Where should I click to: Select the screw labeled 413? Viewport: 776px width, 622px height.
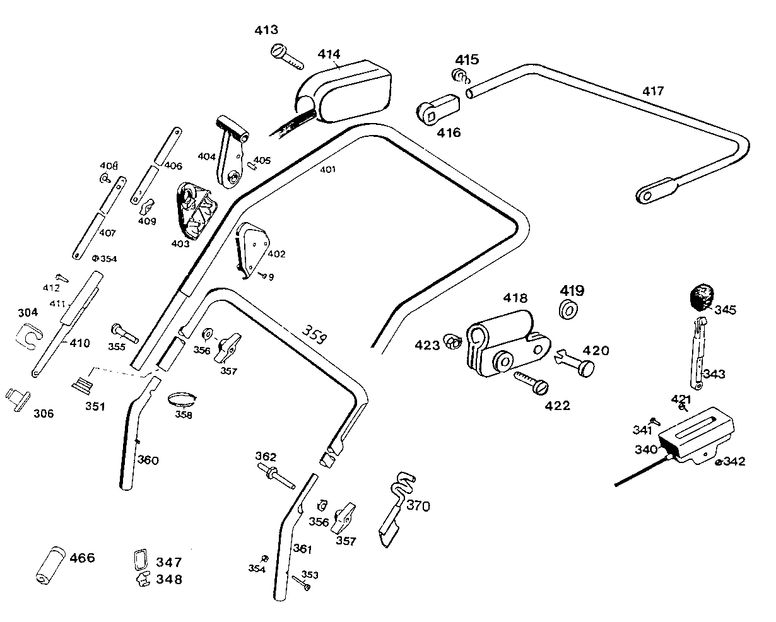point(287,56)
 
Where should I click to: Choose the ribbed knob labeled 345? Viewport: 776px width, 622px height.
point(702,297)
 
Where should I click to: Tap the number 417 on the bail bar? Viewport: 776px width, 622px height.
point(653,91)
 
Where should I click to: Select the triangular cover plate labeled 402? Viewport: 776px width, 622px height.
point(252,249)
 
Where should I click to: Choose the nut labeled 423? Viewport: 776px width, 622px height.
point(452,342)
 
